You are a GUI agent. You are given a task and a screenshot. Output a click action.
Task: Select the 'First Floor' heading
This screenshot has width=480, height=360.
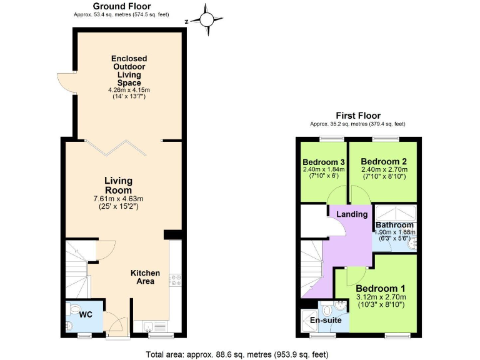point(357,116)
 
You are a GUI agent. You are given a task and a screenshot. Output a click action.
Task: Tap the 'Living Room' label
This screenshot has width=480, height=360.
point(118,186)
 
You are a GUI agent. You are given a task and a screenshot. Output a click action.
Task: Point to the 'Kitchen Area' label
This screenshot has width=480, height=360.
point(145,277)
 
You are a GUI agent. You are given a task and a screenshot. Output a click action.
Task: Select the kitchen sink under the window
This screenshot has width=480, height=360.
point(154,326)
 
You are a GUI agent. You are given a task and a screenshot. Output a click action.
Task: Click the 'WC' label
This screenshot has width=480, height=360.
point(86,314)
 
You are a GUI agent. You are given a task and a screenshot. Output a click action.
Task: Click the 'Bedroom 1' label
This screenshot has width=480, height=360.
point(380,288)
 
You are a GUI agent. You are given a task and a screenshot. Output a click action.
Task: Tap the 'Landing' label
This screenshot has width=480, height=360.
point(352,214)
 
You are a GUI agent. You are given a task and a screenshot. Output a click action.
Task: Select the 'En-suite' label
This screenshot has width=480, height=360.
point(326,320)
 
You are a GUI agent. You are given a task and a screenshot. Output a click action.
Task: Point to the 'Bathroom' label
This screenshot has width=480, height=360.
point(394,225)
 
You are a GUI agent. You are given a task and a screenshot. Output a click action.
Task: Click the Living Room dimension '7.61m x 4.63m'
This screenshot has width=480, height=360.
point(118,199)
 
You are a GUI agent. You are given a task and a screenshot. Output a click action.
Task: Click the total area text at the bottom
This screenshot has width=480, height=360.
point(237,354)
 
